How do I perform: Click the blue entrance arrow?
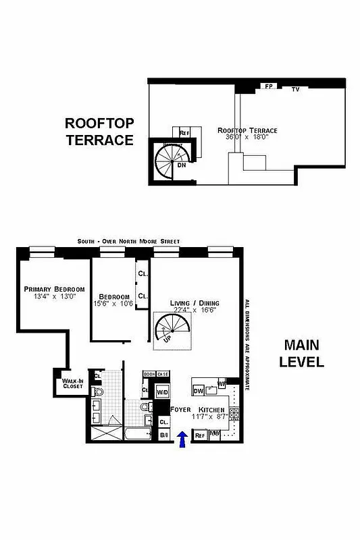pos(182,439)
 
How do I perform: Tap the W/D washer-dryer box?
pos(163,391)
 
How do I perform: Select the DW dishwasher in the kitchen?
pos(199,391)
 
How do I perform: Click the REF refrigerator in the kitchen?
pos(200,436)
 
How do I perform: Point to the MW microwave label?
pos(215,434)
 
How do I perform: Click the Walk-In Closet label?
pos(73,384)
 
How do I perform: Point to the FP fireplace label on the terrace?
pos(268,87)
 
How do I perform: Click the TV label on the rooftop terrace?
pos(295,89)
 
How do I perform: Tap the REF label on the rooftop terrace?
pos(184,133)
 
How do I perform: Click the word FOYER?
pos(181,410)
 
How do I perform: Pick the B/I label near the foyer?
pos(164,435)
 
